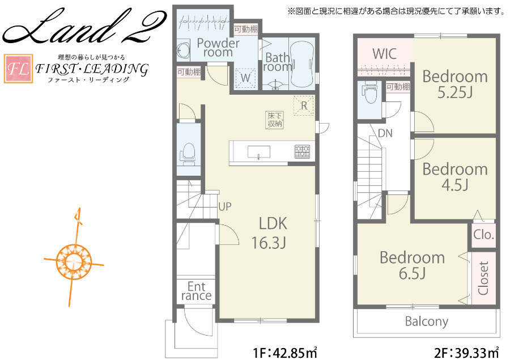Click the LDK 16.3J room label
click(269, 233)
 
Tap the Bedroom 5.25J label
click(455, 84)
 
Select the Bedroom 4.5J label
click(455, 177)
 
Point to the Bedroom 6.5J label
click(412, 265)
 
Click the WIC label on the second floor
click(384, 54)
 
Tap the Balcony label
click(427, 321)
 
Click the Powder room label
click(218, 48)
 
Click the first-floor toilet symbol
click(188, 153)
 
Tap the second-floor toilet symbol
click(371, 91)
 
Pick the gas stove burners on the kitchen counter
click(302, 151)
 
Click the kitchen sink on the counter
click(259, 152)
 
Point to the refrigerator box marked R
click(304, 105)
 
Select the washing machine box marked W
click(245, 78)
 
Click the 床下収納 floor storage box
click(275, 120)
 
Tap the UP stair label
click(225, 207)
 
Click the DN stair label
click(385, 133)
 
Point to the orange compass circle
click(74, 262)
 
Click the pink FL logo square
click(18, 69)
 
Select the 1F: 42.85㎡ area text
click(285, 353)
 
